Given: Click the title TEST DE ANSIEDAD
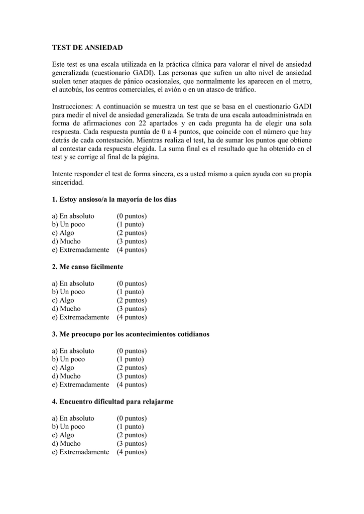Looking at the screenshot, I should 87,47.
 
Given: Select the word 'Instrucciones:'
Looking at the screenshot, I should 72,106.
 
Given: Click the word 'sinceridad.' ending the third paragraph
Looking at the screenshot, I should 68,183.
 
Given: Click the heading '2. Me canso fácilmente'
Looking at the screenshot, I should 87,267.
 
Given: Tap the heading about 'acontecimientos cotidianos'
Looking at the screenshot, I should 131,334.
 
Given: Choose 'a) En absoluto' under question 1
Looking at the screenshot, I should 73,216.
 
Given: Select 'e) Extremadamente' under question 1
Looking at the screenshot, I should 80,249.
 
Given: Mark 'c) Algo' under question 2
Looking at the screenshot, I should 63,300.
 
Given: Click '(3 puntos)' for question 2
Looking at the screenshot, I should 132,309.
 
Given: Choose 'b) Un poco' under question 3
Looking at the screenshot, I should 68,359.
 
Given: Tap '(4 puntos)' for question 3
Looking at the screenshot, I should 132,384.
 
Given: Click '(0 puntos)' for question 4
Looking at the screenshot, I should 132,418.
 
